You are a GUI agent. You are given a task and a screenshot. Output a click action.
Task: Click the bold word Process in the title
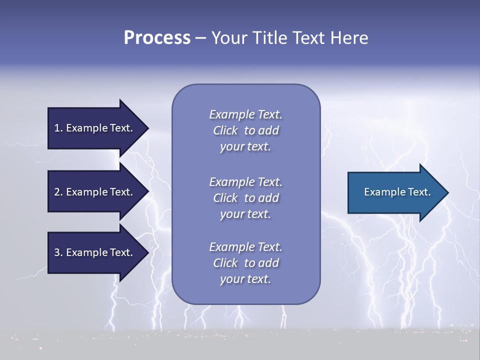[x=157, y=38]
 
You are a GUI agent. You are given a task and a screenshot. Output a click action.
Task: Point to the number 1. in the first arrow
[x=58, y=128]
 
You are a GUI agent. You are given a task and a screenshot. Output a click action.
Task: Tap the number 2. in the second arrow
[x=58, y=192]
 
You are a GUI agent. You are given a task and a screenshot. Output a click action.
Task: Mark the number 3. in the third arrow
[x=58, y=252]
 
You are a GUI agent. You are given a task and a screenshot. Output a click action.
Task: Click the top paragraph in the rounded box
[x=245, y=130]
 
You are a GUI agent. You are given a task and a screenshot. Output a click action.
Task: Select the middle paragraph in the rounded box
[x=245, y=198]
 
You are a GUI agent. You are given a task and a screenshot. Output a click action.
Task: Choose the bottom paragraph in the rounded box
[x=245, y=263]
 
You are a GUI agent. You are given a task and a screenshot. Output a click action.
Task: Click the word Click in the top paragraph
[x=225, y=130]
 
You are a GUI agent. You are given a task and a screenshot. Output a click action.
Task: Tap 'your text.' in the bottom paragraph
[x=245, y=279]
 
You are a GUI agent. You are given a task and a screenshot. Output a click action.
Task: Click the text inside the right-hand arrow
[x=397, y=192]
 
